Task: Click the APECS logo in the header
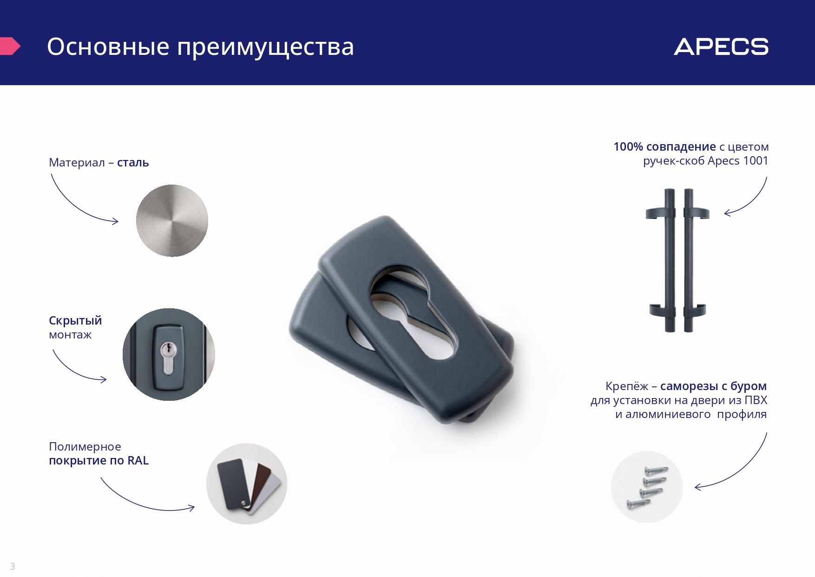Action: point(721,47)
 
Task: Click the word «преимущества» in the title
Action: point(265,47)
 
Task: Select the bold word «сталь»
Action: point(133,162)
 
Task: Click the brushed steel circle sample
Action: point(172,220)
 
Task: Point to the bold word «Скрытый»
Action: point(75,321)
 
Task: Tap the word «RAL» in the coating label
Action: point(138,460)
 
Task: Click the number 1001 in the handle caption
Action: point(756,160)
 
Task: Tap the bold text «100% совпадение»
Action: point(664,146)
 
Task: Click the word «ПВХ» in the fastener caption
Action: point(756,400)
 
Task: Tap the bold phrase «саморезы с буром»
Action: point(713,386)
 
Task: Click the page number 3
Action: point(13,566)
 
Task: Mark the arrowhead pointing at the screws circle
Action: point(698,487)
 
